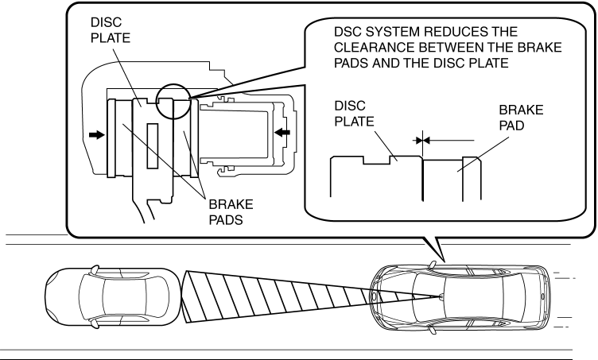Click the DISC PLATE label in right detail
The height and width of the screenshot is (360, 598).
coord(351,113)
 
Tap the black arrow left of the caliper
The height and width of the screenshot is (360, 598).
coord(95,136)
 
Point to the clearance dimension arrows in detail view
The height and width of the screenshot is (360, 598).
coord(421,139)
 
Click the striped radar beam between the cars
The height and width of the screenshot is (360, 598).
coord(278,295)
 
